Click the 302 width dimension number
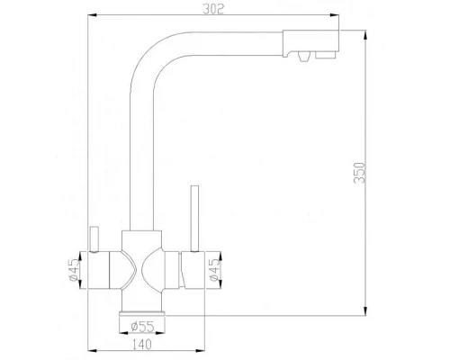click(212, 10)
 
